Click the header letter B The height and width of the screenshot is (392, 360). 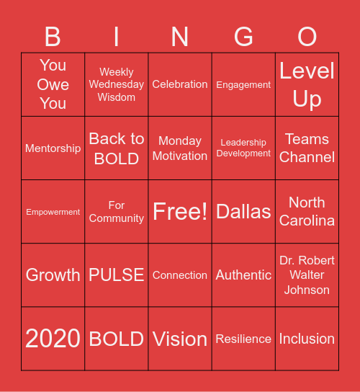tap(53, 36)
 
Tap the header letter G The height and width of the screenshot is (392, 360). tap(243, 36)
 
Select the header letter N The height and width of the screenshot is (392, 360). tap(180, 36)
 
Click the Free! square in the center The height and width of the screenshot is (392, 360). tap(180, 211)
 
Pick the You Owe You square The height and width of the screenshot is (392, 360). tap(53, 84)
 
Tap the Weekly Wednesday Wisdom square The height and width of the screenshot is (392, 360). tap(117, 84)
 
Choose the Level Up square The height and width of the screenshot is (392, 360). tap(307, 84)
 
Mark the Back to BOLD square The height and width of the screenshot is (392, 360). tap(117, 148)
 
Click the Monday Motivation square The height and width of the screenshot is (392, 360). tap(180, 148)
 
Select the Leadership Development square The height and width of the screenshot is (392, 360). tap(243, 148)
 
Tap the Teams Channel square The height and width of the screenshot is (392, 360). tap(307, 148)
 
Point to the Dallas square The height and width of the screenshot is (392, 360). tap(243, 211)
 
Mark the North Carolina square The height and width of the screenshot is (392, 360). tap(307, 211)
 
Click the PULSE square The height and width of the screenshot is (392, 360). tap(117, 275)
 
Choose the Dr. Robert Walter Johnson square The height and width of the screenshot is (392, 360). tap(307, 275)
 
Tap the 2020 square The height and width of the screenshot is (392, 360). tap(53, 338)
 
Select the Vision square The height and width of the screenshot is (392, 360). tap(180, 338)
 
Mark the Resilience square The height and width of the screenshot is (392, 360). tap(243, 338)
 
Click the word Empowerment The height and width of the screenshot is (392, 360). tap(53, 212)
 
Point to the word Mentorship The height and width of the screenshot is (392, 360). tap(53, 148)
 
